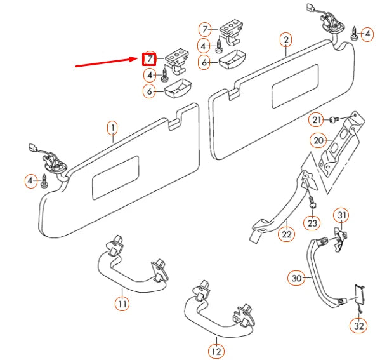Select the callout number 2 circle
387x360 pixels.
286,41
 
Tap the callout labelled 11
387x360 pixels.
122,303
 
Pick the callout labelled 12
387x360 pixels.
216,350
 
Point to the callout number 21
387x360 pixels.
317,119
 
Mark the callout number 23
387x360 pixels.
312,223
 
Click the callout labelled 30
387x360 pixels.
296,277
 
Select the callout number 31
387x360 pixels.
341,215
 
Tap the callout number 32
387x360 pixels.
358,326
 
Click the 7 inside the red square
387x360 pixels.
148,59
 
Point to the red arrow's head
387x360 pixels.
138,59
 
